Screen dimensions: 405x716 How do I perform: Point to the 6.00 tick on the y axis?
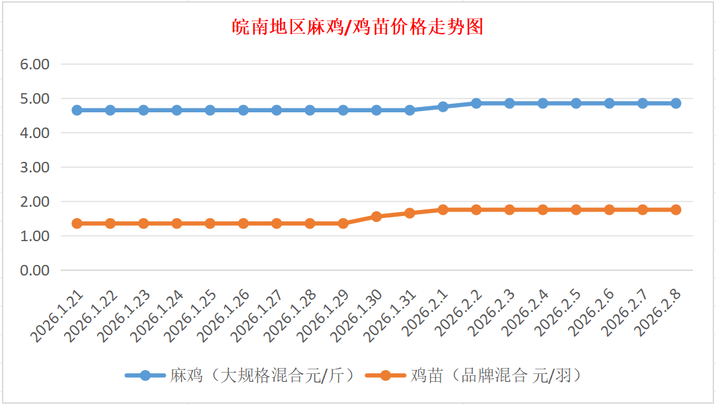36,64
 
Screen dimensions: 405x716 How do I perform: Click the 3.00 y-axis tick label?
36,167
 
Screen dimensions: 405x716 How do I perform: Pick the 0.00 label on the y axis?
36,270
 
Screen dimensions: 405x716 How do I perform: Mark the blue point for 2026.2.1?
443,106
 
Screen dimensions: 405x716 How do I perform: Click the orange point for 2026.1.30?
376,216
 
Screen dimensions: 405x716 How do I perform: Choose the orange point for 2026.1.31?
410,213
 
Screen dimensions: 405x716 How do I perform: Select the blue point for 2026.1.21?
77,110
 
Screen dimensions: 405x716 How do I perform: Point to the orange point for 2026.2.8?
676,209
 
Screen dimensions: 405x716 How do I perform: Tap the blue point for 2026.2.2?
476,103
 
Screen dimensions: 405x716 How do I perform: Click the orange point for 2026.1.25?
210,223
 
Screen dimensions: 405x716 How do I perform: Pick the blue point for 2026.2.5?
576,103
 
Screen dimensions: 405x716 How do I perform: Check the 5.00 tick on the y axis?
36,98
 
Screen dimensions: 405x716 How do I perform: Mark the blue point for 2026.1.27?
277,110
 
